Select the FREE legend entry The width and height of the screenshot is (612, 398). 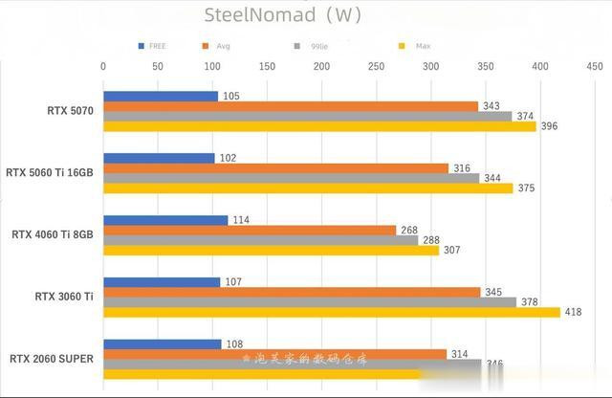pos(152,46)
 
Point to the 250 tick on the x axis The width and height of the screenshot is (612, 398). pos(376,66)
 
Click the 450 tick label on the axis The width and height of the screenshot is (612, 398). pos(594,66)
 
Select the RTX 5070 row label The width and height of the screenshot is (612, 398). pos(70,111)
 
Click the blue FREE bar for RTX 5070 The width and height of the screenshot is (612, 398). pos(161,97)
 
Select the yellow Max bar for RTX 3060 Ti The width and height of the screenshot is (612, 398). pos(331,312)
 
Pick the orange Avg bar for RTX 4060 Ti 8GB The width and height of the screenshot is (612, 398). pos(249,230)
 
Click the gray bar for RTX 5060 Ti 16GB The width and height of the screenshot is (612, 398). pos(291,178)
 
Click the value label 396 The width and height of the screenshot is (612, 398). pos(549,126)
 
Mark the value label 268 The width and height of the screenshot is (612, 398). pos(409,230)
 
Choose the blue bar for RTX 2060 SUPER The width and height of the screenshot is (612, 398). pos(162,344)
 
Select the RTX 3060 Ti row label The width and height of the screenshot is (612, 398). pos(70,297)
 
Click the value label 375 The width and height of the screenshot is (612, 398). pos(526,188)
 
